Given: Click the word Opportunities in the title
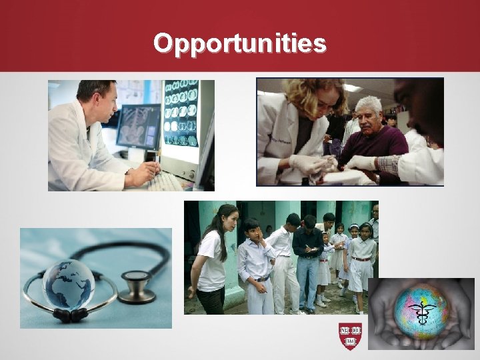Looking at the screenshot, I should click(x=240, y=43).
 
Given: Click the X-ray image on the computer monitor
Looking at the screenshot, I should click(x=138, y=125).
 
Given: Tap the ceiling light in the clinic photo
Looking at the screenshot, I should click(x=352, y=88).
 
